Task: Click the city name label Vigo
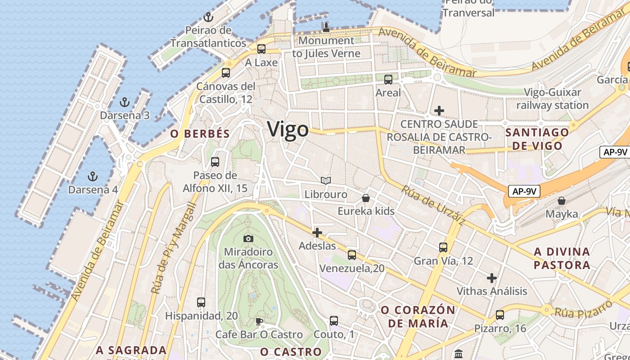pyautogui.click(x=288, y=130)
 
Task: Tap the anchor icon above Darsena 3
pyautogui.click(x=125, y=102)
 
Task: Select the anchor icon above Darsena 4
pyautogui.click(x=93, y=176)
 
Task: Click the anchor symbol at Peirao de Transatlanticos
pyautogui.click(x=208, y=17)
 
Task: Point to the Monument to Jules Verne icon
pyautogui.click(x=326, y=27)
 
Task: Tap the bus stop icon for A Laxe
pyautogui.click(x=261, y=49)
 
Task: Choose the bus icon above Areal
pyautogui.click(x=388, y=80)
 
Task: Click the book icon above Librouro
pyautogui.click(x=326, y=181)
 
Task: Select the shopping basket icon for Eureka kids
pyautogui.click(x=366, y=198)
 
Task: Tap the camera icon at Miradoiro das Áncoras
pyautogui.click(x=248, y=238)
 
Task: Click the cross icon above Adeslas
pyautogui.click(x=317, y=233)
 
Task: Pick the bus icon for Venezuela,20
pyautogui.click(x=352, y=255)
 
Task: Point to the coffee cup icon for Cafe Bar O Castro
pyautogui.click(x=259, y=321)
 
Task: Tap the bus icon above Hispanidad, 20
pyautogui.click(x=201, y=302)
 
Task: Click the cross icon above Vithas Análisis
pyautogui.click(x=492, y=278)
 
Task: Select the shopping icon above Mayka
pyautogui.click(x=561, y=201)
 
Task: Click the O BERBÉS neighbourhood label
pyautogui.click(x=200, y=134)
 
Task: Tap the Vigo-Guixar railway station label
pyautogui.click(x=552, y=99)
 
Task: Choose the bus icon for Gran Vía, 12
pyautogui.click(x=443, y=247)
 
